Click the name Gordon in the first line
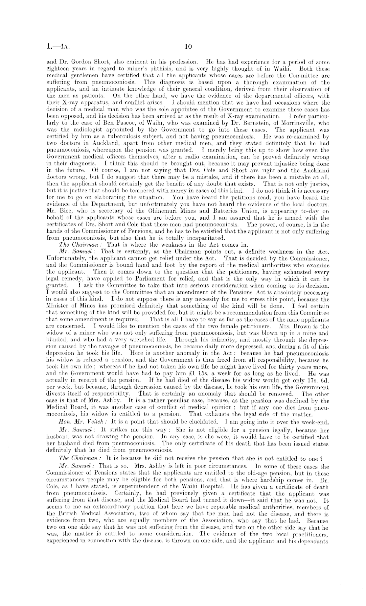pyautogui.click(x=81, y=62)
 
